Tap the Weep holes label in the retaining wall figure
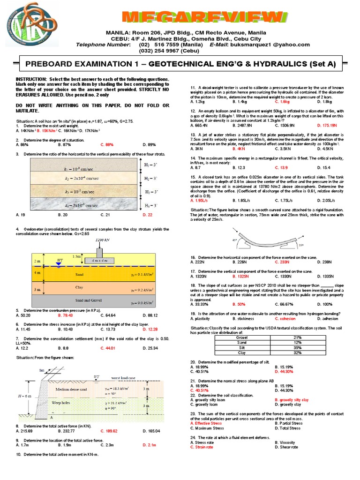[x=61, y=402]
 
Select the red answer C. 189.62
[x=110, y=431]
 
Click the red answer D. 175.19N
[x=327, y=126]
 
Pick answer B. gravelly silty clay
[x=291, y=400]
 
